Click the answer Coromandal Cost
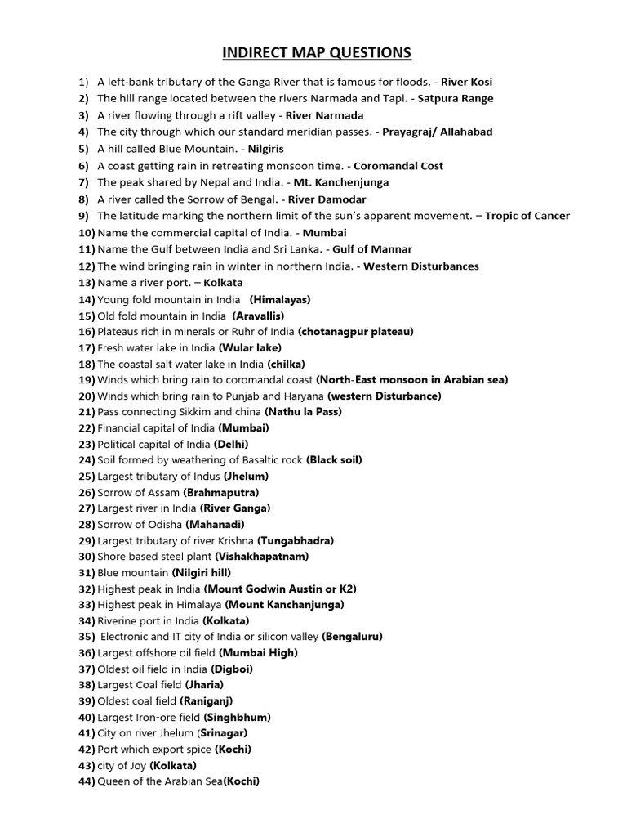point(398,166)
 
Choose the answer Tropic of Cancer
point(527,217)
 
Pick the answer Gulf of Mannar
point(372,250)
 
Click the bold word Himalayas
point(280,300)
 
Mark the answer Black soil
point(334,460)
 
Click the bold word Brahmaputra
point(221,493)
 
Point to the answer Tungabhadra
point(296,541)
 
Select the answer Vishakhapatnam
point(262,557)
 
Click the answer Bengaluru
point(352,637)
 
